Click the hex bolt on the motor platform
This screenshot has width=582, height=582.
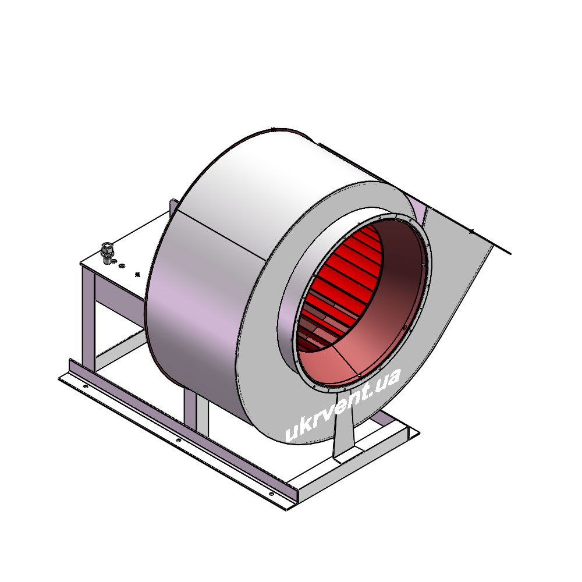click(x=107, y=253)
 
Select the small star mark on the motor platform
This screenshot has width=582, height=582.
click(x=137, y=275)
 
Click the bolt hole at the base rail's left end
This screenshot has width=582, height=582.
click(x=86, y=386)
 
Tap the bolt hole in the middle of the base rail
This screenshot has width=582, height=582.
click(x=179, y=440)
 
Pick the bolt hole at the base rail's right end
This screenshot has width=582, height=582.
click(x=271, y=494)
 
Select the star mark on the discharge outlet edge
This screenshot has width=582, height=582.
click(x=471, y=231)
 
